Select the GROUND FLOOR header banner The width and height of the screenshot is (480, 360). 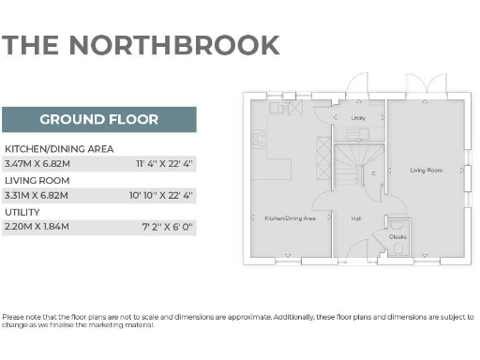98,119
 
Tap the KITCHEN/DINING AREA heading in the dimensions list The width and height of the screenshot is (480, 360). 59,149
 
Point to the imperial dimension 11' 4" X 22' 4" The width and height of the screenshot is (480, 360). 164,164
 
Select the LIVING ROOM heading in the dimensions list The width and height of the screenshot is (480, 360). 37,180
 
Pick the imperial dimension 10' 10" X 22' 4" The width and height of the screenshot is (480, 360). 161,195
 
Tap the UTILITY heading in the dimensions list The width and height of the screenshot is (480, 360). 22,212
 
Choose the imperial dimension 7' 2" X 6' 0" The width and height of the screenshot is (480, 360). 168,227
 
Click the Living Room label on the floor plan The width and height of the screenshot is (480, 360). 427,171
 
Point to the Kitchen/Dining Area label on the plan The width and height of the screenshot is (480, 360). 290,217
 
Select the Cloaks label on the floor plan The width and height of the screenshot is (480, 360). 397,236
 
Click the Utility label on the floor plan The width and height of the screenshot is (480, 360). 358,118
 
